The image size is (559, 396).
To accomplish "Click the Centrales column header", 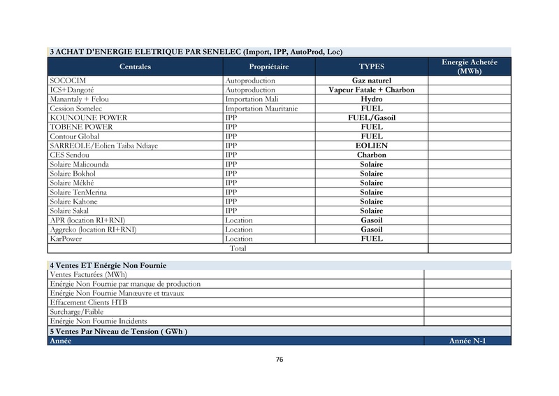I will [x=135, y=66].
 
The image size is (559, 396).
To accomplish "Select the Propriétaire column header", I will [x=269, y=66].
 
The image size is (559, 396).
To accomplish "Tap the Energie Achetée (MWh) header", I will [x=470, y=66].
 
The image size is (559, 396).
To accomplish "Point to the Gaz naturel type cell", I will [x=371, y=81].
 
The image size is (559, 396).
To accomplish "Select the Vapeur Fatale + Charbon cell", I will [x=371, y=90].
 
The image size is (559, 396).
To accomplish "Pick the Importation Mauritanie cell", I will [x=261, y=108].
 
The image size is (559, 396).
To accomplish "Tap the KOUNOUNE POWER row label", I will [x=88, y=118].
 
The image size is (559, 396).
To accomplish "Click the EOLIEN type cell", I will [x=371, y=146].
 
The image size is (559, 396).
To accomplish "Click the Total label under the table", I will [x=238, y=248].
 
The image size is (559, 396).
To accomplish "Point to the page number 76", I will [x=279, y=360].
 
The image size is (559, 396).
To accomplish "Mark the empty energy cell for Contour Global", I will [x=470, y=136].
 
